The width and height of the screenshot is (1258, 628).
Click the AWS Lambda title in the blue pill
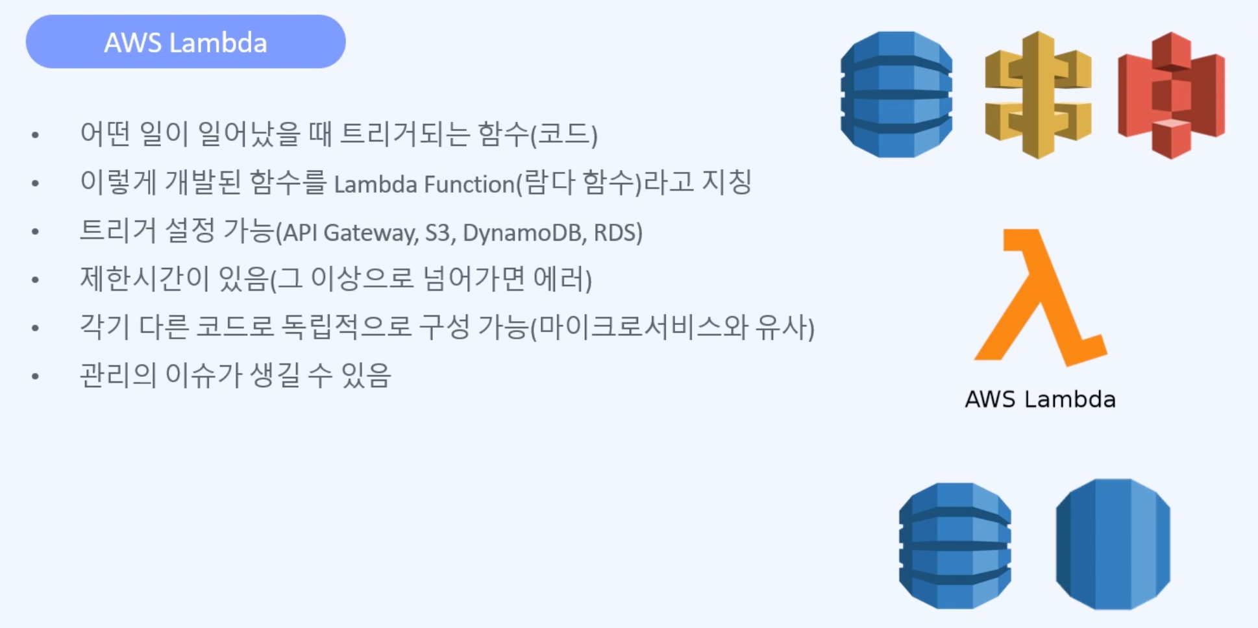point(186,43)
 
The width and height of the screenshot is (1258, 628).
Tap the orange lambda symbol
point(1039,298)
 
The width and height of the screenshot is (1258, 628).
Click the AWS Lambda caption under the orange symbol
point(1040,399)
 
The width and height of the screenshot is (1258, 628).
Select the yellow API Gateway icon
point(1037,95)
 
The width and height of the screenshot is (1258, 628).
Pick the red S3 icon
point(1171,95)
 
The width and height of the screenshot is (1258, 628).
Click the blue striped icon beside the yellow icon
point(896,95)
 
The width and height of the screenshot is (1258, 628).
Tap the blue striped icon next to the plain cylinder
point(954,545)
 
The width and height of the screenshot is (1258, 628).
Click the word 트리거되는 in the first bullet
point(405,134)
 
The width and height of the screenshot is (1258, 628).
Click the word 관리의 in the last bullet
point(117,375)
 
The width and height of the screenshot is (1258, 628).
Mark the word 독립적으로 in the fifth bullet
point(346,327)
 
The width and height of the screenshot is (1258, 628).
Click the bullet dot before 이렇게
point(35,184)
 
